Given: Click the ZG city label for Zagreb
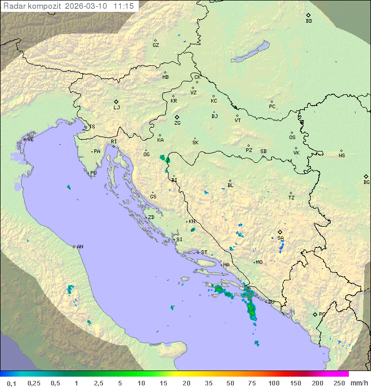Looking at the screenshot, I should pyautogui.click(x=177, y=123).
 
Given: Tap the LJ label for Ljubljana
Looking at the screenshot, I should pyautogui.click(x=116, y=108).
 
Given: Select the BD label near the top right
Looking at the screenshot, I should pyautogui.click(x=309, y=21).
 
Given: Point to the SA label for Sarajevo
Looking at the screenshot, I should pyautogui.click(x=280, y=238).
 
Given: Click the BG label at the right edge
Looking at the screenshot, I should pyautogui.click(x=366, y=182).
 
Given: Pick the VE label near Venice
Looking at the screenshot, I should pyautogui.click(x=30, y=140).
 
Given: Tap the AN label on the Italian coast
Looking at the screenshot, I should pyautogui.click(x=80, y=247).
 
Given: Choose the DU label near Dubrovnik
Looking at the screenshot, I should pyautogui.click(x=271, y=302).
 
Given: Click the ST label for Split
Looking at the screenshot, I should pyautogui.click(x=204, y=253).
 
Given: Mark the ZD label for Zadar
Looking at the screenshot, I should pyautogui.click(x=151, y=217).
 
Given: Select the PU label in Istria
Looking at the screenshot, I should pyautogui.click(x=93, y=173).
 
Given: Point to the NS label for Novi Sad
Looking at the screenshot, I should pyautogui.click(x=342, y=156).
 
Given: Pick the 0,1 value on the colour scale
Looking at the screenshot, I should pyautogui.click(x=11, y=383).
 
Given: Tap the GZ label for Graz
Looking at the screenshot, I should pyautogui.click(x=156, y=45).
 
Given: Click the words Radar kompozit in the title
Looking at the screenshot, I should pyautogui.click(x=32, y=6).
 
